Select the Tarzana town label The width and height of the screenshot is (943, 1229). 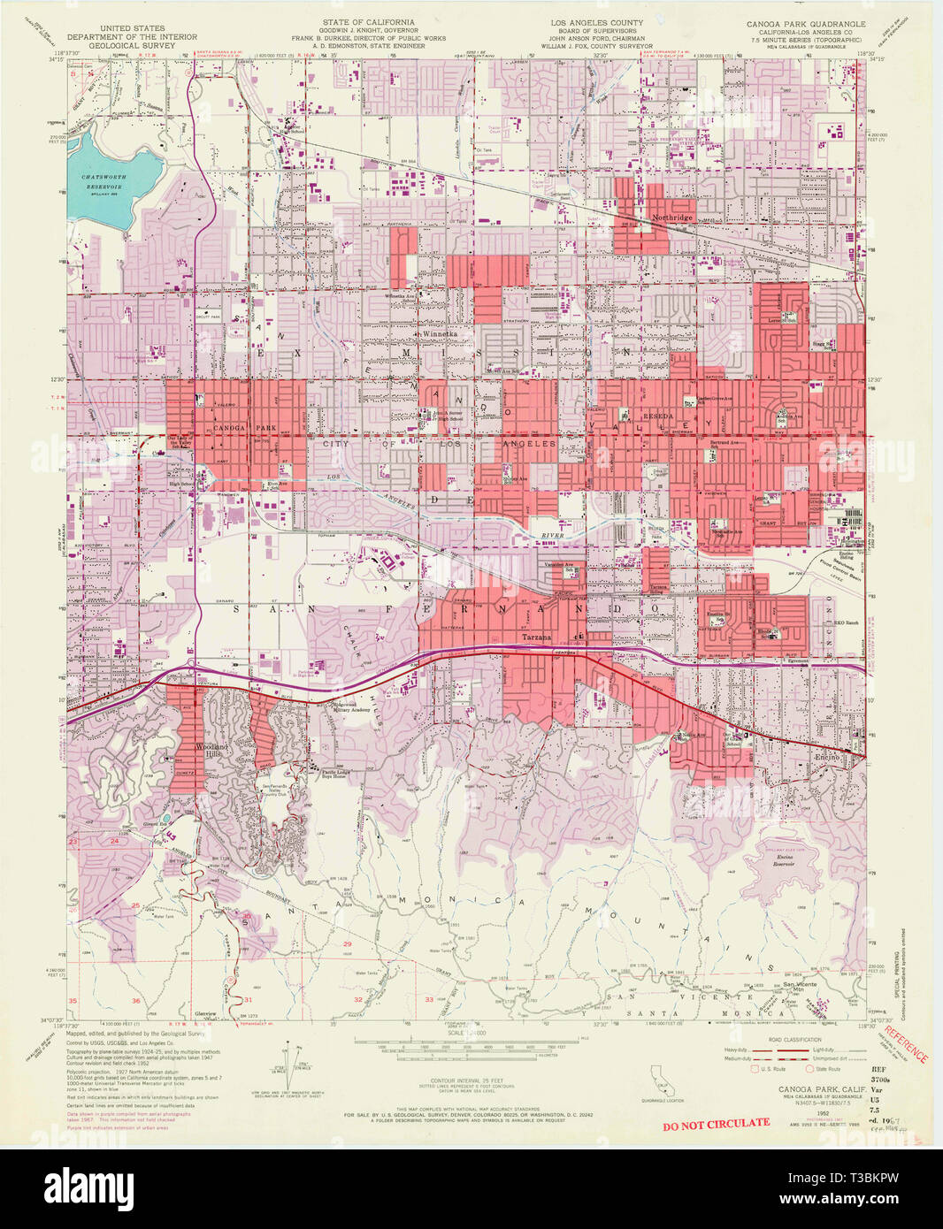tap(537, 637)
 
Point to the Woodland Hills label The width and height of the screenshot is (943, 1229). tap(211, 751)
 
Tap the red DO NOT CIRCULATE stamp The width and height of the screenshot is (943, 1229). tap(716, 1123)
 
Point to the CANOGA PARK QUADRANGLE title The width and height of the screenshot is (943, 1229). tap(806, 23)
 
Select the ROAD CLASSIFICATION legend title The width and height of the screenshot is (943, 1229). tap(796, 1040)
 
